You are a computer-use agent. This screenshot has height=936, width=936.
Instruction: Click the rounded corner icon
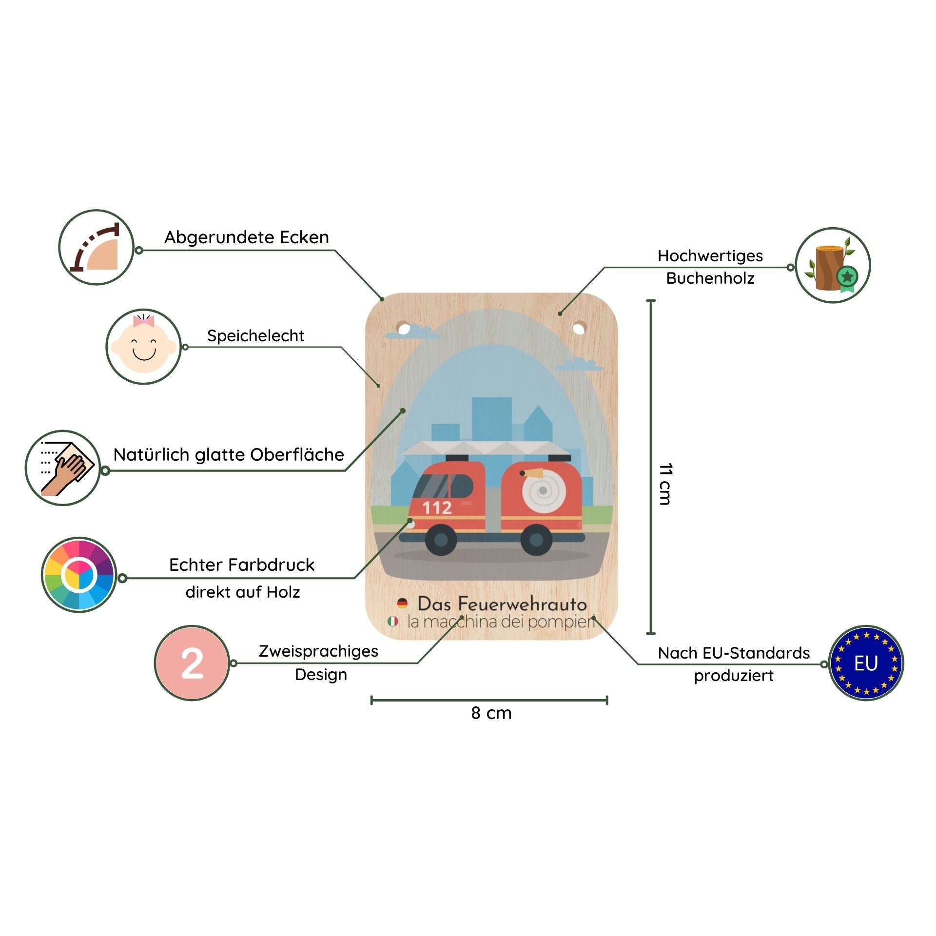[x=97, y=247]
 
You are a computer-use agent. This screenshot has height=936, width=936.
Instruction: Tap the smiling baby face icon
[x=144, y=346]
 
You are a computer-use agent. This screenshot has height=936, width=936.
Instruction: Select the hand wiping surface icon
[x=63, y=468]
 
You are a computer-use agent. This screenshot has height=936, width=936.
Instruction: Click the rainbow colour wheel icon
[x=79, y=575]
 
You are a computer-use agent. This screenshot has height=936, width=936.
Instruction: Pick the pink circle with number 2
[x=192, y=663]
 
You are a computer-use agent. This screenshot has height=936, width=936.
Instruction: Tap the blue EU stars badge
[x=866, y=663]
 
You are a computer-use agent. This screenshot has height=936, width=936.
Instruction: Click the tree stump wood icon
[x=833, y=265]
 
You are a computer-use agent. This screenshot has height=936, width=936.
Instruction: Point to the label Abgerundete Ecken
[x=247, y=237]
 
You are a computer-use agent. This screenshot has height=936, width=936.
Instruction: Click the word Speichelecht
[x=255, y=335]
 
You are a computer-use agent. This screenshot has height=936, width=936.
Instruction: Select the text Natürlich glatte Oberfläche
[x=229, y=455]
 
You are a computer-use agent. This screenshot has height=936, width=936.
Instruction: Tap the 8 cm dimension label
[x=491, y=713]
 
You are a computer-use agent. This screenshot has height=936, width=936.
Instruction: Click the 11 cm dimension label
[x=665, y=484]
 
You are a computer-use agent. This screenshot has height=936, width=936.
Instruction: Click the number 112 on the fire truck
[x=437, y=508]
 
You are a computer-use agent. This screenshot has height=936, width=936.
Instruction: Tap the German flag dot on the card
[x=402, y=603]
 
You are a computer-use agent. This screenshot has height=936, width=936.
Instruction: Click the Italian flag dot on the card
[x=393, y=622]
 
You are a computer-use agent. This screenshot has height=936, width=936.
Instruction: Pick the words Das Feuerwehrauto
[x=502, y=604]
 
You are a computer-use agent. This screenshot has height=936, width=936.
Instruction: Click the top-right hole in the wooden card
[x=579, y=329]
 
